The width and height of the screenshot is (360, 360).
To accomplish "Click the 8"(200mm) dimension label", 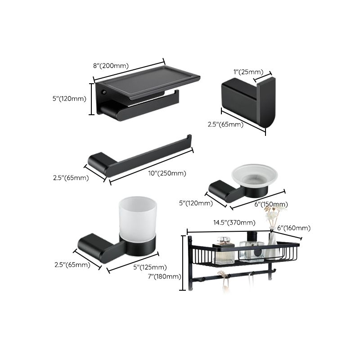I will point(111,66).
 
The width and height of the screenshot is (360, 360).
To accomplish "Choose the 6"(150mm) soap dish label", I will point(271,204).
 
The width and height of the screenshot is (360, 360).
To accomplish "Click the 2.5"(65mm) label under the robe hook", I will point(225,125).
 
